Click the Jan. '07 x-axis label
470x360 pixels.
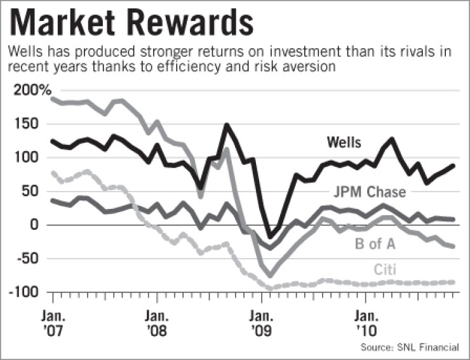(53, 323)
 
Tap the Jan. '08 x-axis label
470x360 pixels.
(156, 323)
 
